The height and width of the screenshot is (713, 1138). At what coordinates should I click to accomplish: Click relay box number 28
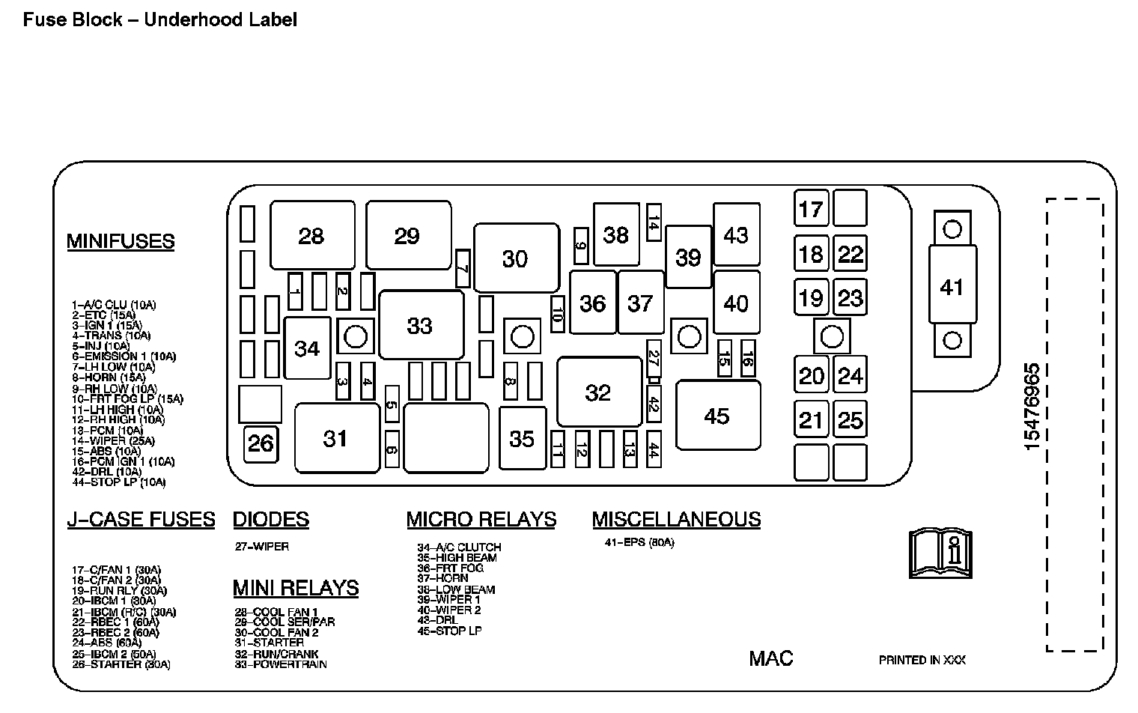312,236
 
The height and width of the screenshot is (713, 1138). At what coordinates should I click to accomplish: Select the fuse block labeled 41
952,287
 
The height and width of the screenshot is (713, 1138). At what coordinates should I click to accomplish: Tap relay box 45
717,416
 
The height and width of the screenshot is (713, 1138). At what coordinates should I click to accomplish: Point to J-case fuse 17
811,208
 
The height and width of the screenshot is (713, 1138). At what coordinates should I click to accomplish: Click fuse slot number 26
261,443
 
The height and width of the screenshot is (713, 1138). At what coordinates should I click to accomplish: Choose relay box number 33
420,326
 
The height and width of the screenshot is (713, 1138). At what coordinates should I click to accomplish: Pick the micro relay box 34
307,348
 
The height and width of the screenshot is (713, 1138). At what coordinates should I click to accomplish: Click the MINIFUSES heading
121,241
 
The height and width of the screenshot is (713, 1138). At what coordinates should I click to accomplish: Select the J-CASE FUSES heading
141,519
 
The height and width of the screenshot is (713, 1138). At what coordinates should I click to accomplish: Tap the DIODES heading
271,519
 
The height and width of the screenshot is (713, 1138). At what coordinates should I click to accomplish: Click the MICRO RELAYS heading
481,519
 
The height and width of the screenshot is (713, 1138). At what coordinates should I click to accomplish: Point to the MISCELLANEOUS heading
676,519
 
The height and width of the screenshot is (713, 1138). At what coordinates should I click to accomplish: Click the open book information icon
940,553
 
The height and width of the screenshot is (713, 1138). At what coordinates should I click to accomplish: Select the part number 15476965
1032,406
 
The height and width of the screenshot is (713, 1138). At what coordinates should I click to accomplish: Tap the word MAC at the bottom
770,658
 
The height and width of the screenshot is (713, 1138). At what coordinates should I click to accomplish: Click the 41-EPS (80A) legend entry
639,542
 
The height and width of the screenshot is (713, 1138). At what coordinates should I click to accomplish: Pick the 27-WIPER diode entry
261,546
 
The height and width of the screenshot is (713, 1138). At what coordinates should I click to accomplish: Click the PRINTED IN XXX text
922,660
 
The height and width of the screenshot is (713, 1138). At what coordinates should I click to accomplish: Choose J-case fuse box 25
850,420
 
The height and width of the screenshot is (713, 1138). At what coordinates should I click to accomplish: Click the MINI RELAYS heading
296,588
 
